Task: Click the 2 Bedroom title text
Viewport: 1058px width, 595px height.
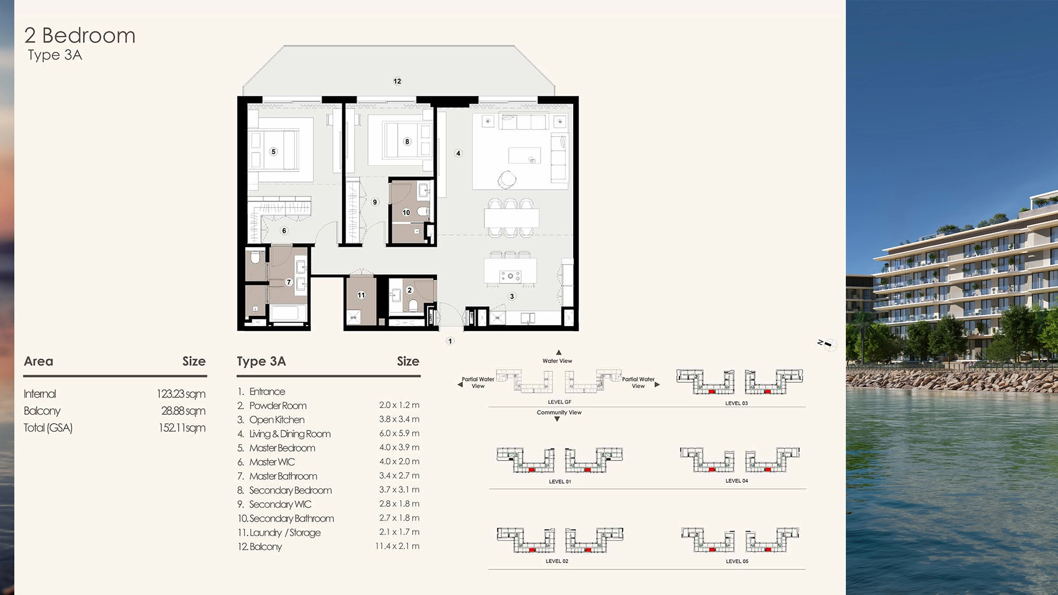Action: tap(80, 36)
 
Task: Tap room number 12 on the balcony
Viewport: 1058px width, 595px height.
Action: tap(397, 81)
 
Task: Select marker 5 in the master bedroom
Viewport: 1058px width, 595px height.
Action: tap(273, 152)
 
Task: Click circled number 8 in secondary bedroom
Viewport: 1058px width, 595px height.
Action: tap(407, 142)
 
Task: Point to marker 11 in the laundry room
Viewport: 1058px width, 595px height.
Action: tap(361, 295)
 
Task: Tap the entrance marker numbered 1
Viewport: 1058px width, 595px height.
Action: tap(450, 341)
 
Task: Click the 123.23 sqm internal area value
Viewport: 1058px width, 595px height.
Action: tap(181, 394)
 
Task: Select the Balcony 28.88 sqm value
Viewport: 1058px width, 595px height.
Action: tap(183, 411)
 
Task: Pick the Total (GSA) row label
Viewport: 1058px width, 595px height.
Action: tap(48, 428)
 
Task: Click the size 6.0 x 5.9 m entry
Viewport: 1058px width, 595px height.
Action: tap(399, 434)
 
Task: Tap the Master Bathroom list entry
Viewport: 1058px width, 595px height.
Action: tap(283, 476)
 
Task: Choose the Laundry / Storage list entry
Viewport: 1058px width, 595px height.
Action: tap(284, 533)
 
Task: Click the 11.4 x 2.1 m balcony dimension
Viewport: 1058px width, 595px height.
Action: tap(397, 547)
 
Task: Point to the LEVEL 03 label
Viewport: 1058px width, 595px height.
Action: tap(736, 403)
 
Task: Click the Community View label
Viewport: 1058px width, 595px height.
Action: tap(559, 413)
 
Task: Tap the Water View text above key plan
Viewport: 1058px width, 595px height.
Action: tap(557, 361)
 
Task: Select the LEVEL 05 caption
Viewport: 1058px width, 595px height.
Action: tap(737, 561)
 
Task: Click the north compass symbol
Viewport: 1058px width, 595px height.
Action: tap(828, 344)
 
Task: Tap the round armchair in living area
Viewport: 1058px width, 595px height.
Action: tap(507, 179)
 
